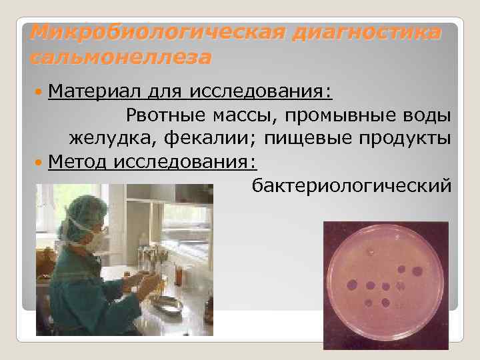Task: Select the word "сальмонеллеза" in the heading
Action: (120, 57)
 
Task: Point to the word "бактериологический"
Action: (351, 185)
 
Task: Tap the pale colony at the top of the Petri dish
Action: (369, 252)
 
